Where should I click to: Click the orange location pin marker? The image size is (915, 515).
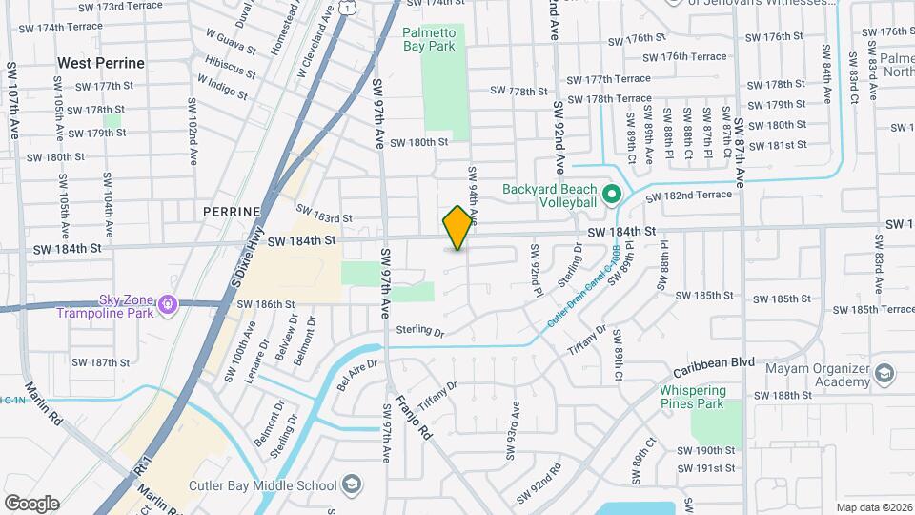point(457,227)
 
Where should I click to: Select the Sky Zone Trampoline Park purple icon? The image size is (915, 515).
point(168,305)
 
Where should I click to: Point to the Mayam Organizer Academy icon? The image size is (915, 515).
point(885,373)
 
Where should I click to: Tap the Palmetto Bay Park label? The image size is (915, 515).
point(429,39)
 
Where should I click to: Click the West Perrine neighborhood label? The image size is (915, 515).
point(101,63)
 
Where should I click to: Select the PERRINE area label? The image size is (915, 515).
point(232,211)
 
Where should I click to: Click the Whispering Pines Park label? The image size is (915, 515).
point(693,398)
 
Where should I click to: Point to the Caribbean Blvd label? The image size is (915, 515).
point(714,363)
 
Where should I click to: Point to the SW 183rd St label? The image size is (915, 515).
point(324,213)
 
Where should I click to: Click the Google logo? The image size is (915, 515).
point(31,504)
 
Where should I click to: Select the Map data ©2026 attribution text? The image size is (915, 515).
point(874,507)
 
